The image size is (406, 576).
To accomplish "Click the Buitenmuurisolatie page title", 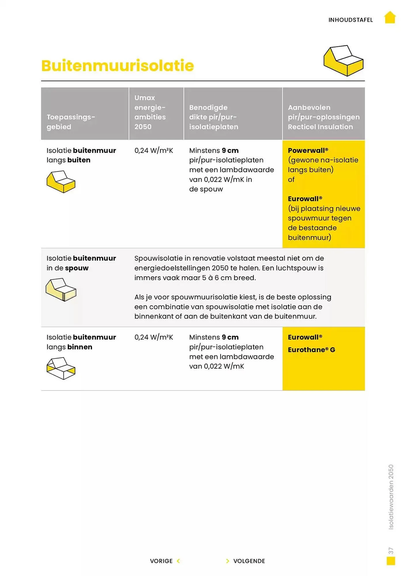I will (118, 66).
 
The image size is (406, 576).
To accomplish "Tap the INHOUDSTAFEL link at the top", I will (350, 20).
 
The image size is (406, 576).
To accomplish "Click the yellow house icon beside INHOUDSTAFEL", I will (390, 18).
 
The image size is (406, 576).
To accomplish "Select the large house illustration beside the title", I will (343, 60).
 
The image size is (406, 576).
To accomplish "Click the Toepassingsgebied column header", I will (71, 122).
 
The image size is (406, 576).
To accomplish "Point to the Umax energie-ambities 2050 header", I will (150, 112).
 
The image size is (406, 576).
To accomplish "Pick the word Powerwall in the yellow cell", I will (306, 150).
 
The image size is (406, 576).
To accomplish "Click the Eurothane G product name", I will (311, 350).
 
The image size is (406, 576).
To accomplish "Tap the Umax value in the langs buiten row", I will (154, 150).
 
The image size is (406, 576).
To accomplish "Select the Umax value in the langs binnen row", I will (154, 337).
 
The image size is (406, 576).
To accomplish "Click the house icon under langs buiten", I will (61, 182).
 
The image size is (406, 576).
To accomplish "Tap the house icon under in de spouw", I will (61, 289).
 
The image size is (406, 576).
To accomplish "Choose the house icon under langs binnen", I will (61, 368).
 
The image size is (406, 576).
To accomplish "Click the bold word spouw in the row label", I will (77, 268).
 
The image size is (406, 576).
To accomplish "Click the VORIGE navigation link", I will (161, 561).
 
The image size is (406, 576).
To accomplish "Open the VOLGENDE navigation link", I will (249, 561).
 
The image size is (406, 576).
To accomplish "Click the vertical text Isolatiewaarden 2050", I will (391, 497).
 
